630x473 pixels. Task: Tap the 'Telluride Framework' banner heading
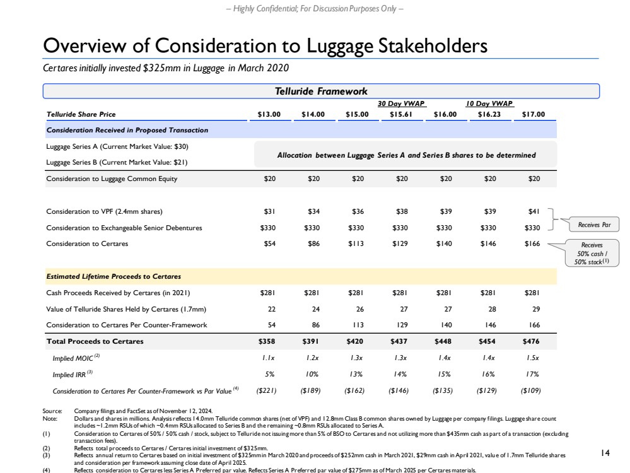coord(320,91)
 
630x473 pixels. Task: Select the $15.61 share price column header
coord(395,114)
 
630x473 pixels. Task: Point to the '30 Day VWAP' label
coord(395,104)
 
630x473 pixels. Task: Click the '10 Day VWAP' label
coord(489,104)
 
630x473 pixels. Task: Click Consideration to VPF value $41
coord(533,211)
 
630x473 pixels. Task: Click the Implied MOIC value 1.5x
coord(533,358)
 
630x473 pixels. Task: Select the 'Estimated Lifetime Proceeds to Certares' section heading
coord(114,276)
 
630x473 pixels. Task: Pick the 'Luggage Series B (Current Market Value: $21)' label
coord(117,162)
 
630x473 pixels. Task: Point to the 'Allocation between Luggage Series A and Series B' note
coord(407,155)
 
